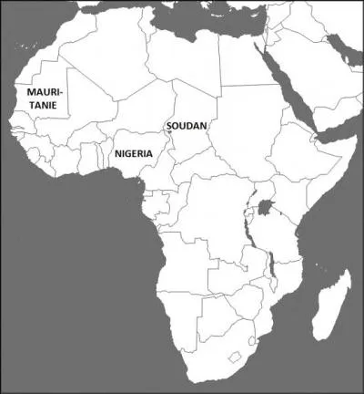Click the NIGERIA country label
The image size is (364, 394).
140,153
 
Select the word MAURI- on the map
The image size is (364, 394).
45,93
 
